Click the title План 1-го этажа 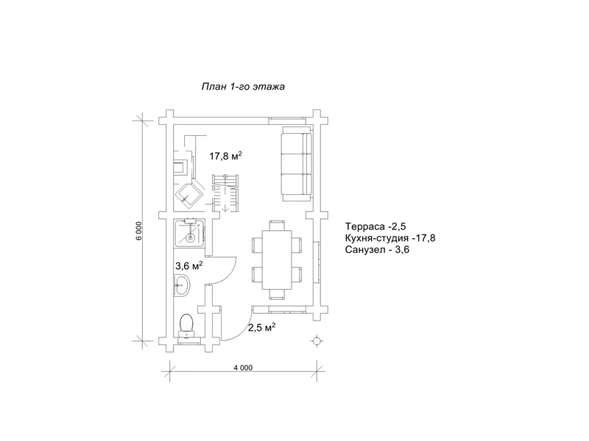(243, 87)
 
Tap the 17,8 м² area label (225, 156)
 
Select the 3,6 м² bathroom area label (189, 266)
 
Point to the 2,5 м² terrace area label (262, 327)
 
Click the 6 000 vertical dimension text (139, 231)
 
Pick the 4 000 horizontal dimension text (243, 368)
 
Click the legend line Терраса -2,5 (375, 226)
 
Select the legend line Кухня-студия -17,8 (390, 237)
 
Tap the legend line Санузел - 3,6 (377, 249)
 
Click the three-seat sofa (297, 163)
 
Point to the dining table (278, 260)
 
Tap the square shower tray (190, 233)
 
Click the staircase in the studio (225, 193)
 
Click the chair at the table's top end (278, 226)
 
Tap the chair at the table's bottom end (278, 295)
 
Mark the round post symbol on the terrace (317, 340)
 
